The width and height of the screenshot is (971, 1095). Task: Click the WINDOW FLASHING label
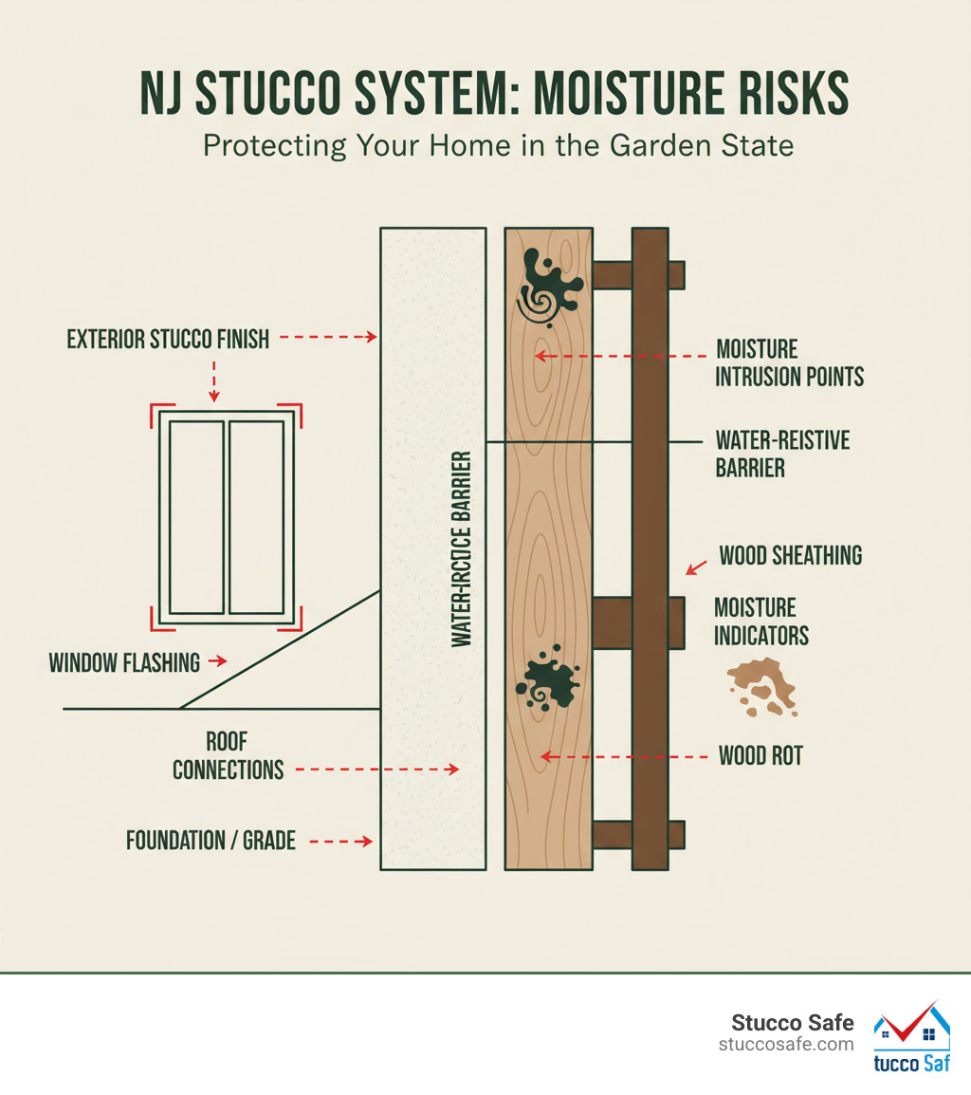(124, 661)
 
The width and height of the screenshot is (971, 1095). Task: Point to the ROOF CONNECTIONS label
(228, 755)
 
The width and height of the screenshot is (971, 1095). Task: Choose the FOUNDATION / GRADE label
(211, 840)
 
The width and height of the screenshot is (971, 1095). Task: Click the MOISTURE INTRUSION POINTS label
(789, 362)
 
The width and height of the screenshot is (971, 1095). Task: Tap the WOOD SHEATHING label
(791, 555)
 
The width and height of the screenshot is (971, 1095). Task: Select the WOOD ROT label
(760, 756)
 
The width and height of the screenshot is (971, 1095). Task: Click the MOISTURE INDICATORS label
(761, 622)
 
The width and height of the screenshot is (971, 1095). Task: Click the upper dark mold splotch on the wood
(549, 285)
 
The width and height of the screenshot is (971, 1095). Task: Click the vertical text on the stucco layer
(462, 550)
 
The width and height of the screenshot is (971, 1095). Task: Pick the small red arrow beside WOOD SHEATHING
(695, 567)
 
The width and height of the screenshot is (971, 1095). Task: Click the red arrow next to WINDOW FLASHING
(217, 660)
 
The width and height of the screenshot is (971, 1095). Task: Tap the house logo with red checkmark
(910, 1037)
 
